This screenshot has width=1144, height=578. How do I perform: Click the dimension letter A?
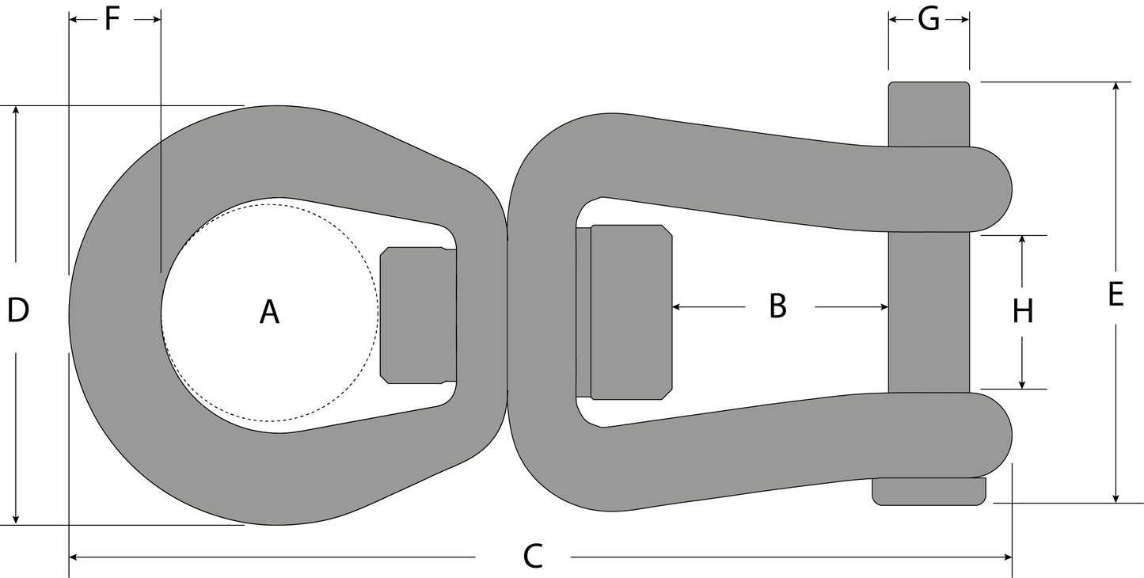click(269, 312)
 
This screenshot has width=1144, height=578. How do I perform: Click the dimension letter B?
click(777, 306)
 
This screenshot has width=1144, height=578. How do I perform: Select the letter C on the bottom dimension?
click(533, 557)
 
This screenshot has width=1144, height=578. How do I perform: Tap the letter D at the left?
click(18, 310)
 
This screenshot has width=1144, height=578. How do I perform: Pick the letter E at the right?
click(1116, 294)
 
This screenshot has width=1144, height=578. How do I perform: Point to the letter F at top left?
click(112, 19)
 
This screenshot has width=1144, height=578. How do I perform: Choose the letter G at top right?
click(929, 20)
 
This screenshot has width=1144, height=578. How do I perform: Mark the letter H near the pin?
click(1023, 311)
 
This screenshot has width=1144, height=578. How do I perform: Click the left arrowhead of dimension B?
click(676, 307)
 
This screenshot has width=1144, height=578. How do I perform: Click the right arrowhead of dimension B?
click(884, 307)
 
